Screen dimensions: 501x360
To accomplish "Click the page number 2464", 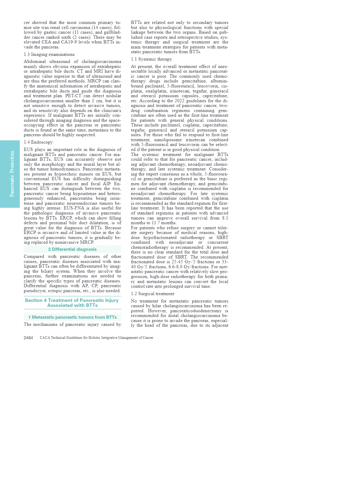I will coord(28,338).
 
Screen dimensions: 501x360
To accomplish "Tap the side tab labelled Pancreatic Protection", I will coord(12,174).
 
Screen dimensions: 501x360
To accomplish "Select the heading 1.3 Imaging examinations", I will coord(49,54).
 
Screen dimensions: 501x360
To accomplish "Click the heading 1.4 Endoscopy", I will coord(38,142).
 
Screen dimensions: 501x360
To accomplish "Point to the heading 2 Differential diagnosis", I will coord(72,249).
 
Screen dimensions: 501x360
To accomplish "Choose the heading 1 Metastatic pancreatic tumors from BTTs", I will coord(72,317).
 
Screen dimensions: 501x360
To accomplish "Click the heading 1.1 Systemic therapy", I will coord(151,59).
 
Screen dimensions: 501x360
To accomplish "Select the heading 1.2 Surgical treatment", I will coord(153,294).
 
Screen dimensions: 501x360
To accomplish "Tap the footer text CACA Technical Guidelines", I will coord(96,338).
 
